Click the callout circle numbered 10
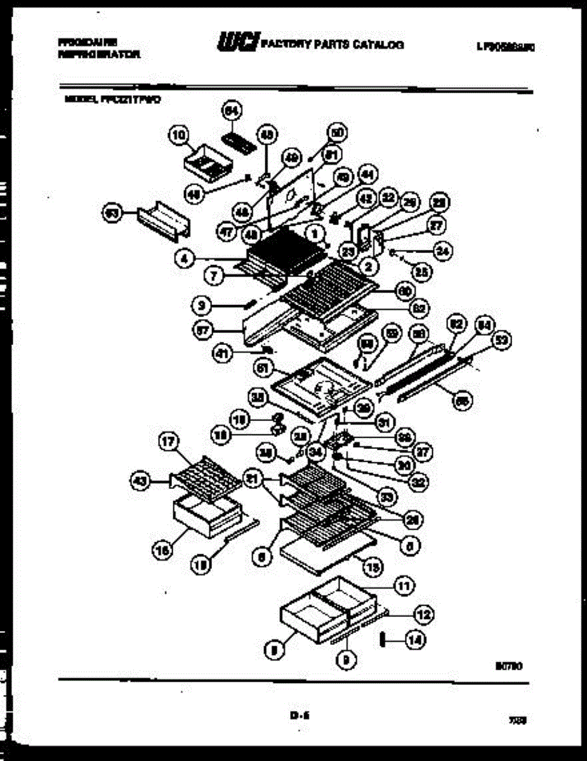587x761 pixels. click(x=178, y=134)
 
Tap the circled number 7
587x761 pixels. click(x=214, y=275)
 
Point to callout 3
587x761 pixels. click(x=201, y=306)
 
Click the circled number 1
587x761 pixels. click(x=313, y=233)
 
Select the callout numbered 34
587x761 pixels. click(x=315, y=452)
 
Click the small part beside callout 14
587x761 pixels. click(x=383, y=640)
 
